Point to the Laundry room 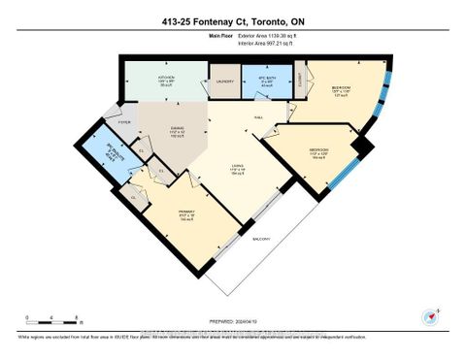(x=225, y=82)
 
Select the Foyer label (x=124, y=122)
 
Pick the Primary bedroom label (x=185, y=212)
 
